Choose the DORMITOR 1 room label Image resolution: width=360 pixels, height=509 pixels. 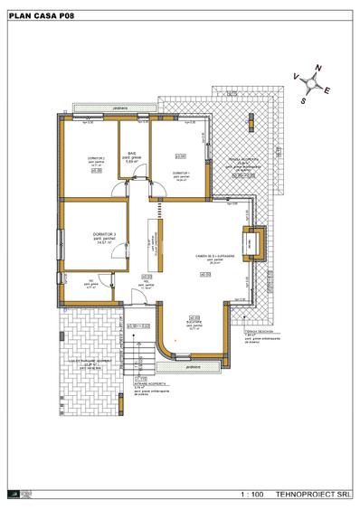[181, 172]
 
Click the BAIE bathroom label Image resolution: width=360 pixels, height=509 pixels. [131, 154]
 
